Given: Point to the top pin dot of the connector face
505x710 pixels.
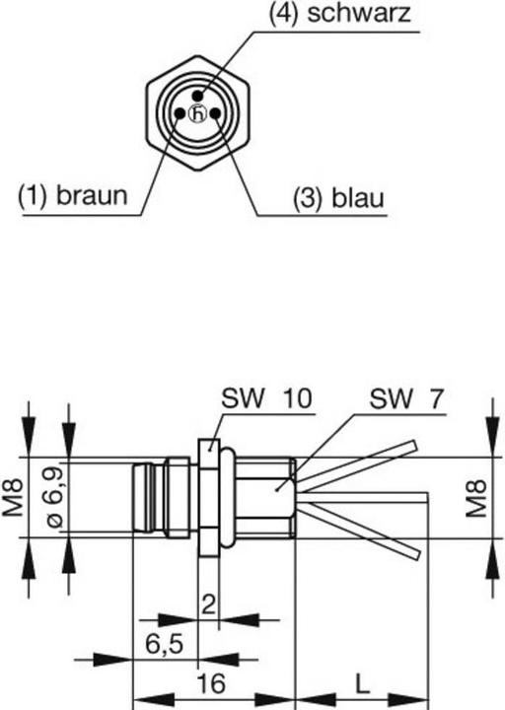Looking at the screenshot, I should click(199, 97).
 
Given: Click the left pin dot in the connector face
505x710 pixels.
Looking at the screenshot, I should click(180, 113).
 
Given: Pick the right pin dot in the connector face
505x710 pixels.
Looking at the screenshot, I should click(216, 113).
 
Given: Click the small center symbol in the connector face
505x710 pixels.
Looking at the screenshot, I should click(198, 114).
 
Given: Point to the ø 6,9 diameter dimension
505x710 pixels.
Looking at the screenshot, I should click(54, 498).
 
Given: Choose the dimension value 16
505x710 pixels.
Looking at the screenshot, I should click(210, 683).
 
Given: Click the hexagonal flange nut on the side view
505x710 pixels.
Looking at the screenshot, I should click(207, 498).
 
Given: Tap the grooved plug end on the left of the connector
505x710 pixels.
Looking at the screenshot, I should click(148, 498).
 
